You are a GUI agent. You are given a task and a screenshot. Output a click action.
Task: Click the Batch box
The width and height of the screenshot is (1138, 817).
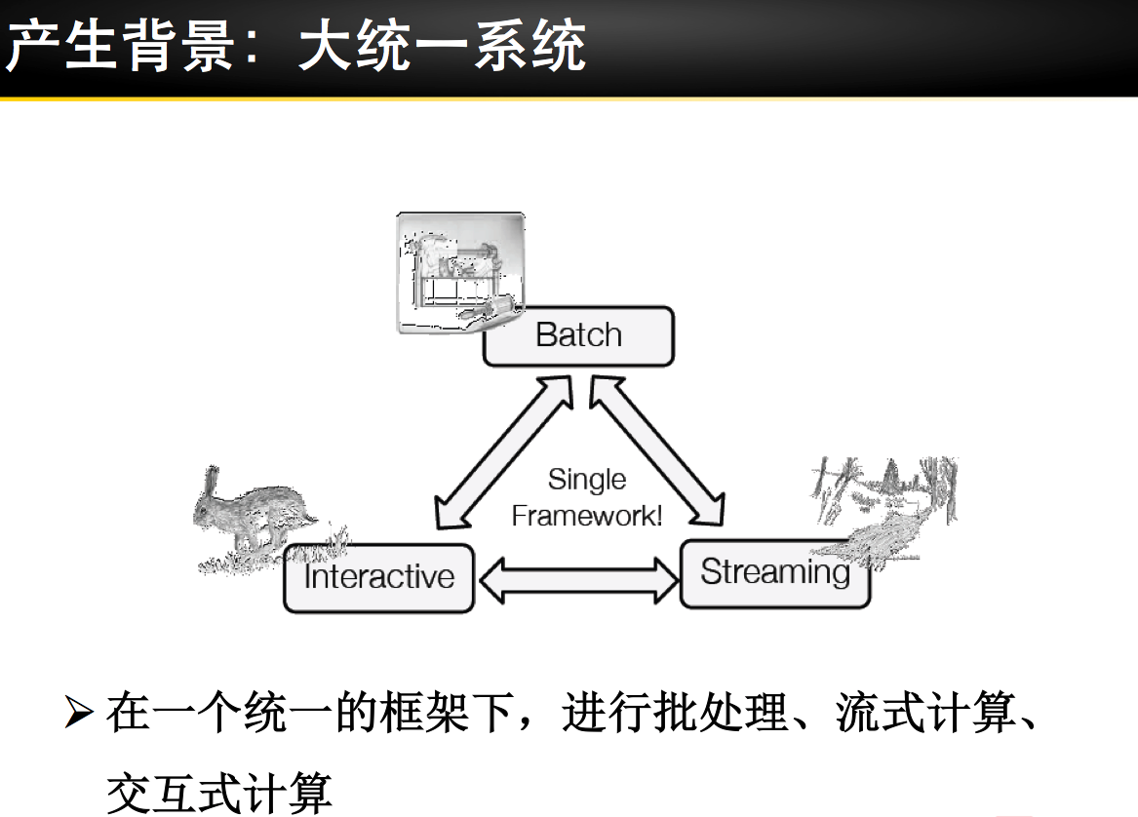578,336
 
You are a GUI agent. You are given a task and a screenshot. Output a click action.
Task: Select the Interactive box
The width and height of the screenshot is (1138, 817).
378,577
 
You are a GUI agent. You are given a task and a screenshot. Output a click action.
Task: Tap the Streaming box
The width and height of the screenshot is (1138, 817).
774,573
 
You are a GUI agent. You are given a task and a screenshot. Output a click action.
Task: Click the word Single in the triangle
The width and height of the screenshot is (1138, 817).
587,480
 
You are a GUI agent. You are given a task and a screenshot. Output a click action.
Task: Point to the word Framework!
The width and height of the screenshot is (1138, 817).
587,515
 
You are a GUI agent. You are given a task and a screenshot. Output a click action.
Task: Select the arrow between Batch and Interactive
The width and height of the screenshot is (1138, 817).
501,454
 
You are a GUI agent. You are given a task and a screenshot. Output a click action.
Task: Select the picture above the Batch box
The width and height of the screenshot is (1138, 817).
459,272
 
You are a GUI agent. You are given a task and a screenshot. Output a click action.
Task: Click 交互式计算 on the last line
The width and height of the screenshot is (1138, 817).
218,790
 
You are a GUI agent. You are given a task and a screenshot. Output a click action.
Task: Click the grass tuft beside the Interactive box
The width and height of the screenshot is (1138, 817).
328,542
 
